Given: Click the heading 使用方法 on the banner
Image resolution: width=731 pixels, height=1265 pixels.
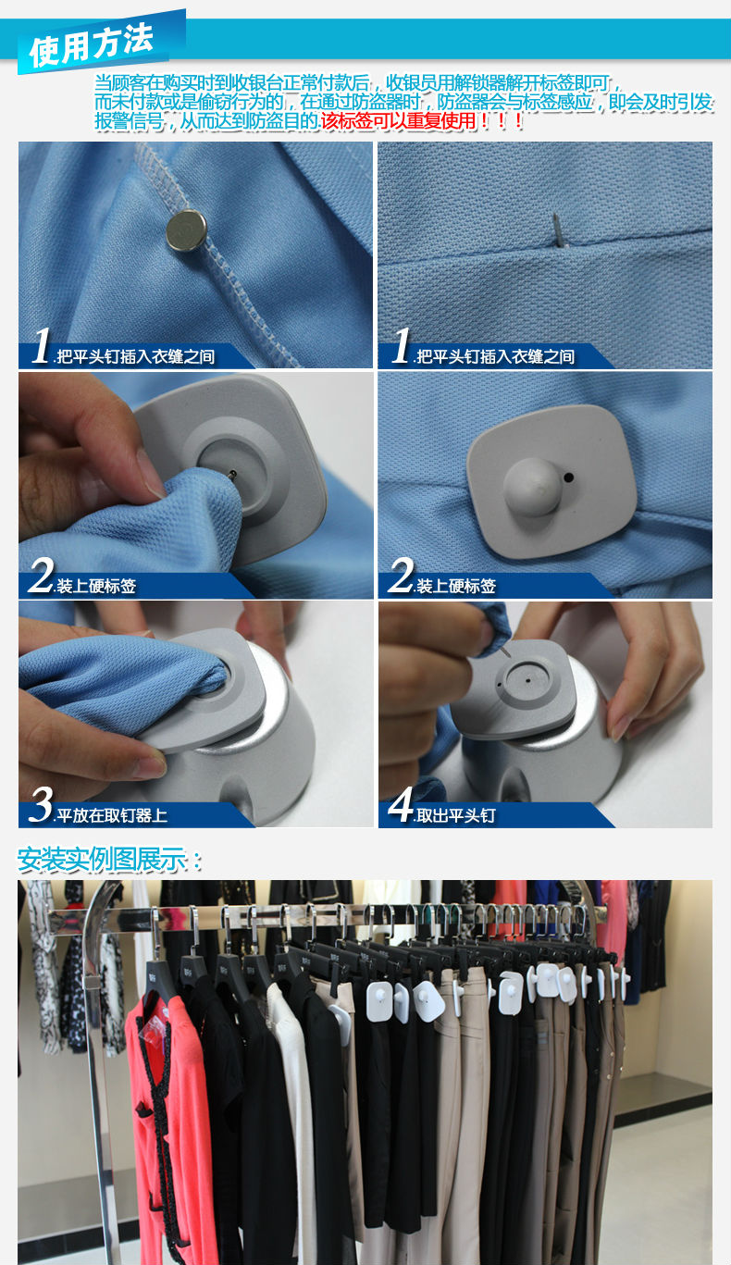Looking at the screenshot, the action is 91,44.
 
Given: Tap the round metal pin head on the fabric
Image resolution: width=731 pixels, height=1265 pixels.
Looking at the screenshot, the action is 186,229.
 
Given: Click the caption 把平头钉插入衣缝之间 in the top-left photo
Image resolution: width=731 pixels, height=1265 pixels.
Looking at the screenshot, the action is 135,357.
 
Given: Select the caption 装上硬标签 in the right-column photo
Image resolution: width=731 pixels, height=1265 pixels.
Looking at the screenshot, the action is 456,586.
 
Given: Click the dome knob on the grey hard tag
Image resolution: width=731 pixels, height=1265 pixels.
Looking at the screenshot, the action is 532,486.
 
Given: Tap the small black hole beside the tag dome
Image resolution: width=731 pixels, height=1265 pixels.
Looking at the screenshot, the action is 568,477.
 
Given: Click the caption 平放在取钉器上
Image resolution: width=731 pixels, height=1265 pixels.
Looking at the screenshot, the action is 112,815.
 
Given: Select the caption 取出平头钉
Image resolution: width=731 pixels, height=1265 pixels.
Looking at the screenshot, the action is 455,815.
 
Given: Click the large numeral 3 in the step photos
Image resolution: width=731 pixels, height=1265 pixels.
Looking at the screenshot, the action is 41,805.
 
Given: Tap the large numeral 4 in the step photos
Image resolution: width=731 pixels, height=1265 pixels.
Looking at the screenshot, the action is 402,804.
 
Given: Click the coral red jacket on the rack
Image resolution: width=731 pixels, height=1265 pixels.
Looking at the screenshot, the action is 169,1123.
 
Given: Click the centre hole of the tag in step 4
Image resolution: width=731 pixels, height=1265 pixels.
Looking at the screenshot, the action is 527,680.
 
